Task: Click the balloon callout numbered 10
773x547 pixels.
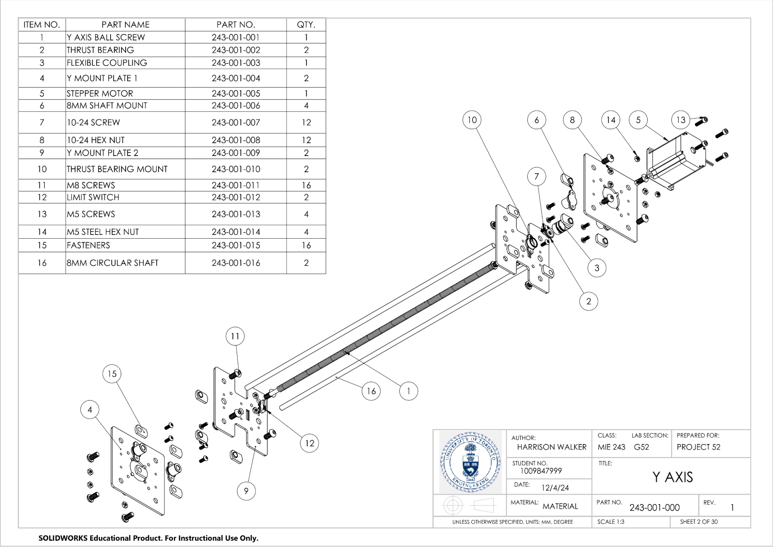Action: click(x=472, y=120)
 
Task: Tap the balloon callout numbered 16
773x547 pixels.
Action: click(x=371, y=391)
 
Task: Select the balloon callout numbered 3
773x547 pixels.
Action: click(x=597, y=268)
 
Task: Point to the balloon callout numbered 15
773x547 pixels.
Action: click(x=112, y=374)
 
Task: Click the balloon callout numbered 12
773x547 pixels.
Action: click(x=309, y=443)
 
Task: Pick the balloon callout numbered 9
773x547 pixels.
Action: click(x=246, y=491)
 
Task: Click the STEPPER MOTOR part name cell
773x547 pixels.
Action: click(x=100, y=94)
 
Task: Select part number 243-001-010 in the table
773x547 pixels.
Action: click(x=235, y=169)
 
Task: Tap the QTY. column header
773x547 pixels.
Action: click(x=306, y=25)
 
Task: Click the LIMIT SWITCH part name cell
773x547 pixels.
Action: click(x=93, y=197)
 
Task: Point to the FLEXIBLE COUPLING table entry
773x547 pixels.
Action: click(x=107, y=63)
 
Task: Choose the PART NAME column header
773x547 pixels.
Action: click(x=125, y=25)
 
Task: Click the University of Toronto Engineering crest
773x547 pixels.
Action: click(x=470, y=462)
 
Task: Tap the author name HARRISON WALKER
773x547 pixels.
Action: click(x=551, y=447)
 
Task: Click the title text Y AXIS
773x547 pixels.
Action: click(x=672, y=477)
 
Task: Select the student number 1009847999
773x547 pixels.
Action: click(x=541, y=471)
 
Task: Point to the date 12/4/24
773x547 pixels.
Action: click(x=555, y=488)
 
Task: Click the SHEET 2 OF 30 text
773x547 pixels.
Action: click(x=699, y=522)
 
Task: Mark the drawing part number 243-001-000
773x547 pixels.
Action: click(x=654, y=508)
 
